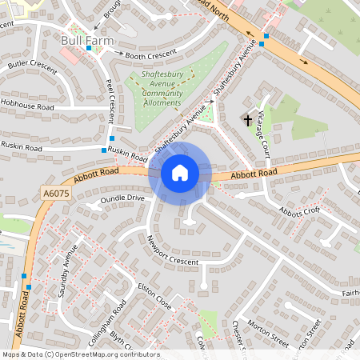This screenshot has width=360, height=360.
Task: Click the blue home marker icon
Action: (180, 173)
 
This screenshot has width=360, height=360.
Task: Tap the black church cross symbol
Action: (247, 121)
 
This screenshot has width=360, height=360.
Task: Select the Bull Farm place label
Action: (88, 38)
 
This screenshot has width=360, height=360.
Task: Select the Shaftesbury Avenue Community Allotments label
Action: (162, 87)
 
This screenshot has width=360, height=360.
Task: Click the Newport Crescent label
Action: (173, 250)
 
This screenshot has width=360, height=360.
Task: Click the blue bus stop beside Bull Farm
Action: (89, 49)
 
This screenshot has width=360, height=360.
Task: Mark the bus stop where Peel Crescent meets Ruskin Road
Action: (104, 150)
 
